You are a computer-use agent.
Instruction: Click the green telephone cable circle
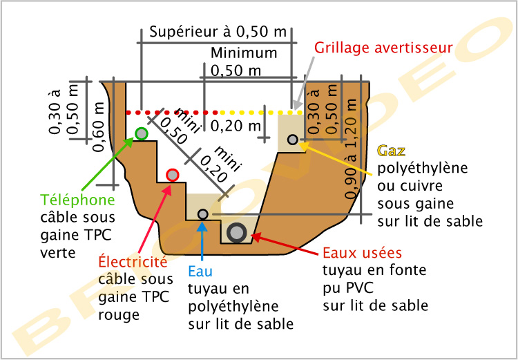141,133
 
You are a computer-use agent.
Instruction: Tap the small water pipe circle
202,214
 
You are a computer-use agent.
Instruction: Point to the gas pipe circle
293,140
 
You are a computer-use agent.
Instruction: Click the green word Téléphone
77,201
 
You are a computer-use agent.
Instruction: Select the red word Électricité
133,263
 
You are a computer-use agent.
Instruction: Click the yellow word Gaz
392,151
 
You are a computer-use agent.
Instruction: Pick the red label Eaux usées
362,253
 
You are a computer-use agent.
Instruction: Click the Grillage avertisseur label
383,48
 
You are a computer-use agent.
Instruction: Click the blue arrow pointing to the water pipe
202,242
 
